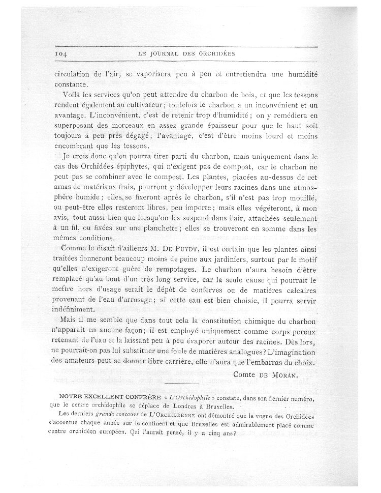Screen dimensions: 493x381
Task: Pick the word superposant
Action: click(x=74, y=126)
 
